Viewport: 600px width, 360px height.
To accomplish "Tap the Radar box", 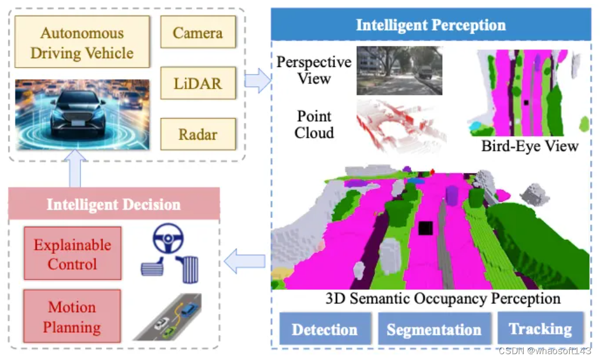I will coord(197,134).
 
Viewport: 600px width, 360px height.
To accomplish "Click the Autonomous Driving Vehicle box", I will coord(82,42).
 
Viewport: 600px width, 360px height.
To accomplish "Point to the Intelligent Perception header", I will coord(430,25).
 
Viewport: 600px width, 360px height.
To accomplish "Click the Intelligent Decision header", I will coord(114,204).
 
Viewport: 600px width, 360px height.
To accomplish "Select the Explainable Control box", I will coord(72,254).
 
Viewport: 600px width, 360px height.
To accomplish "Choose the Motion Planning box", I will coord(72,317).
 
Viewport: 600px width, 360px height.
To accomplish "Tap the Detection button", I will coord(324,330).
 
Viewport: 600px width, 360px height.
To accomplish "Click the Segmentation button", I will coord(434,330).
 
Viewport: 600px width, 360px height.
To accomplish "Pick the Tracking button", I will coord(540,329).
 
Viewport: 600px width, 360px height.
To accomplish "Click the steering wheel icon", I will coord(168,239).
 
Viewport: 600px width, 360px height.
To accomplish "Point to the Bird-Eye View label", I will coord(530,146).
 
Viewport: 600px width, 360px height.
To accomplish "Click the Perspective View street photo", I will coord(399,70).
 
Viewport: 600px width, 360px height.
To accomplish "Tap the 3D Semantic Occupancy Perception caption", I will coord(443,299).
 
